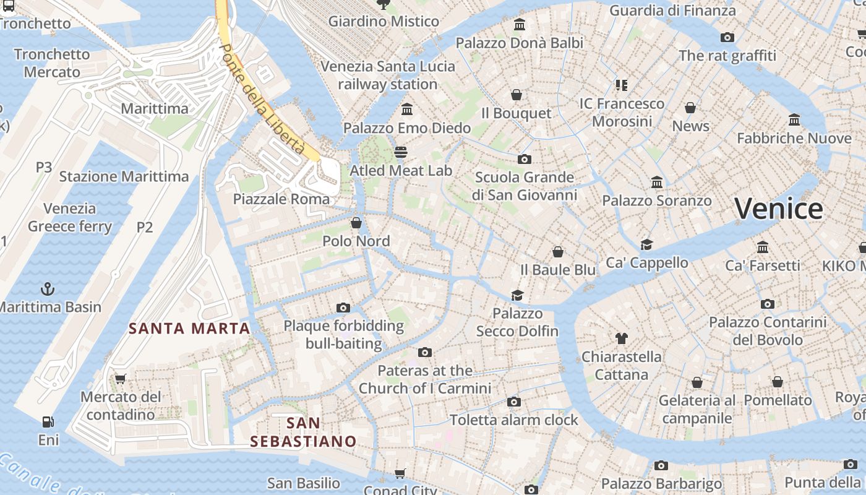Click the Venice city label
(x=778, y=209)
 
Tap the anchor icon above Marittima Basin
(x=47, y=289)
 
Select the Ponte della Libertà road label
(x=262, y=99)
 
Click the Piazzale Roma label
(x=281, y=199)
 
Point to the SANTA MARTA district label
(x=189, y=329)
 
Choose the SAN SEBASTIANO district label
(x=303, y=432)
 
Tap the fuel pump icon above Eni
(x=48, y=422)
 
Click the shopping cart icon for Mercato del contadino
(x=120, y=379)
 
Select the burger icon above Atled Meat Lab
(x=401, y=152)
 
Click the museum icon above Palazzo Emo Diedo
(x=407, y=110)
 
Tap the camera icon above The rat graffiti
(x=727, y=37)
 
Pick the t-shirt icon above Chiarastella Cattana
(x=622, y=338)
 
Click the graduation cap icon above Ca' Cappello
(x=646, y=244)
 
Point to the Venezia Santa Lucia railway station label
(x=388, y=75)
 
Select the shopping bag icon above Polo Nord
(x=356, y=223)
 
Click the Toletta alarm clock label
(x=514, y=420)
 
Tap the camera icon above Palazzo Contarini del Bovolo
(x=768, y=304)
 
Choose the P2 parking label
(x=144, y=227)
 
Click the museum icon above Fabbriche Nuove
(x=794, y=119)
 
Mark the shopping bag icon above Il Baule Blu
(x=558, y=252)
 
